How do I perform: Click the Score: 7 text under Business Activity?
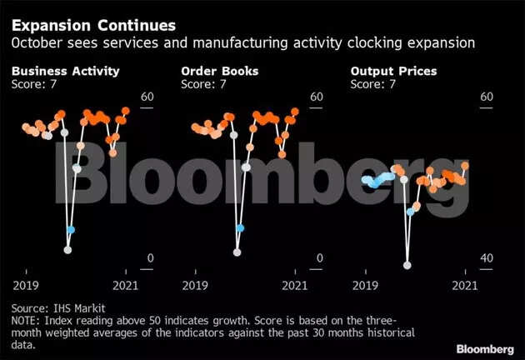[x=34, y=83]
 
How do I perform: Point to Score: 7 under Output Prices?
[x=372, y=83]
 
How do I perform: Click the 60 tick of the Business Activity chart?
[x=148, y=97]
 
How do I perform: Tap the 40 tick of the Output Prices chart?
[x=486, y=259]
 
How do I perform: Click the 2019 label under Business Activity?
[x=25, y=285]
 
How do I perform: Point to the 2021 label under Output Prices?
[x=463, y=285]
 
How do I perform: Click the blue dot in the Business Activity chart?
[x=71, y=229]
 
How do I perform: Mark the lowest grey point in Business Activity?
[x=68, y=249]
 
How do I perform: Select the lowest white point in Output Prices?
[x=407, y=265]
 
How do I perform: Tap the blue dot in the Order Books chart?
[x=241, y=228]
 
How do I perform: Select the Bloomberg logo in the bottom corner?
[x=484, y=347]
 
